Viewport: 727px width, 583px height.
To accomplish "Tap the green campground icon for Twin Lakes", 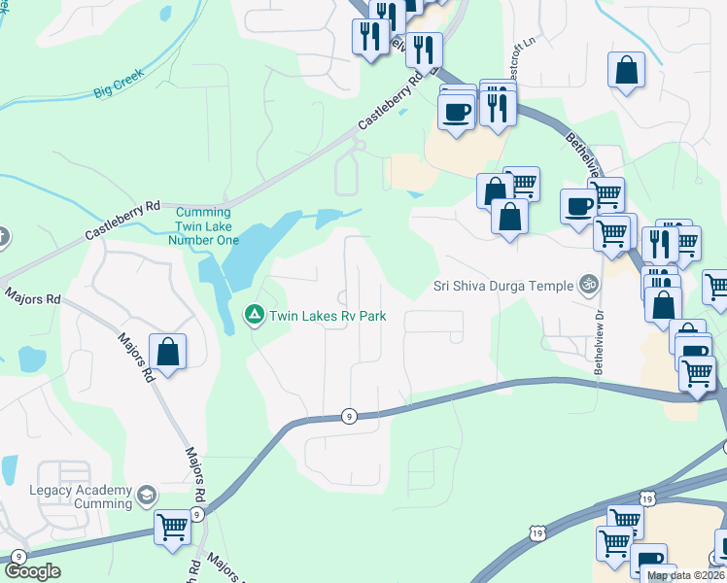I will point(253,314).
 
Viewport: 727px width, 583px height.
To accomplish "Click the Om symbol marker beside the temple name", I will point(587,285).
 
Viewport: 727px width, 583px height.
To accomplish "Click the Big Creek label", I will point(119,83).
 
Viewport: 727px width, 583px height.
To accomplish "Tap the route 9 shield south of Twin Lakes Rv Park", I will point(349,416).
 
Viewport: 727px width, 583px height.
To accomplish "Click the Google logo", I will point(32,571).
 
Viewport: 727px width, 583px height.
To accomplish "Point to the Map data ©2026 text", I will point(685,575).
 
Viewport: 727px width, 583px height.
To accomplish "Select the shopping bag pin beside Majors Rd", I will point(168,352).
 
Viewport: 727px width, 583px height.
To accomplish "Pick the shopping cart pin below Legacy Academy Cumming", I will point(173,528).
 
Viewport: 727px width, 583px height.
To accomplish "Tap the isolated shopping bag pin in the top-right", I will point(627,70).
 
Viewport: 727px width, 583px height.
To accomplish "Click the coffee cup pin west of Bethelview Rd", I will point(580,206).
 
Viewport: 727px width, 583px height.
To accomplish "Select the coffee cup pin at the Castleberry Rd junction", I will point(456,111).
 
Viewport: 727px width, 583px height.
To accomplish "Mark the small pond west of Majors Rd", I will point(32,360).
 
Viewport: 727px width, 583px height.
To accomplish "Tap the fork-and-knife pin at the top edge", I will point(386,14).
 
